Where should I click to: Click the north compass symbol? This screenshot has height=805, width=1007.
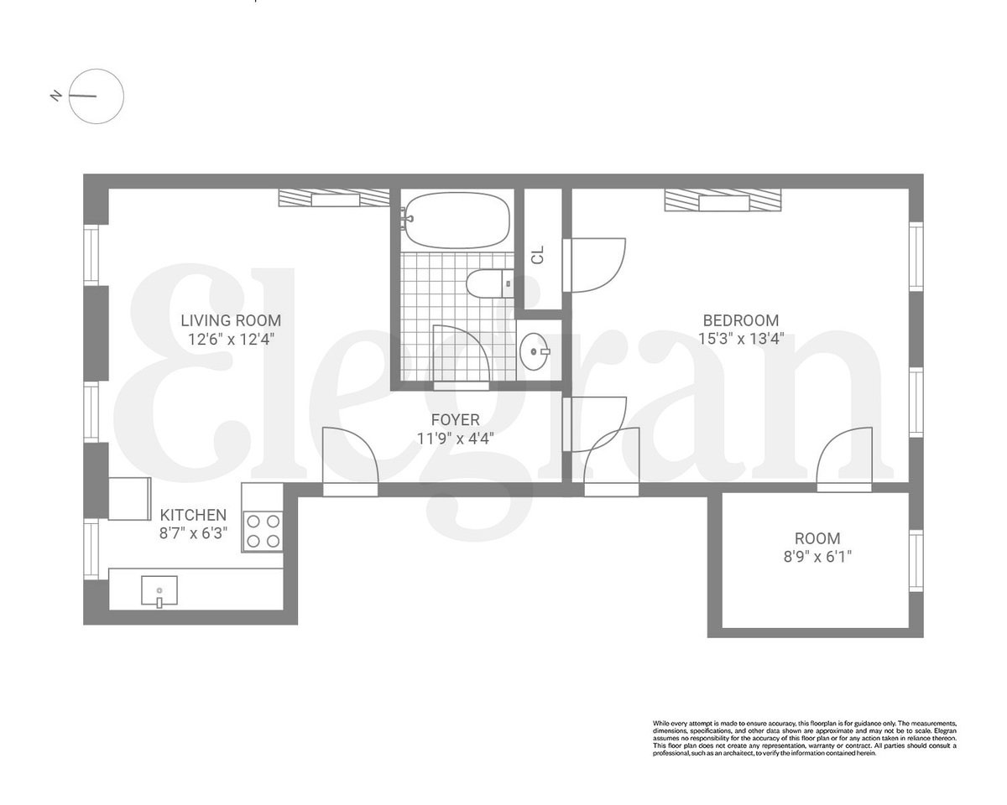[x=96, y=96]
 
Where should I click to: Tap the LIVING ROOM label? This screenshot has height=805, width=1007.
[x=231, y=320]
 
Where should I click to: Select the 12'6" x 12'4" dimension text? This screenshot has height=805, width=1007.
[x=231, y=340]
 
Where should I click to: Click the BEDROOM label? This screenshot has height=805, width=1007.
[x=740, y=320]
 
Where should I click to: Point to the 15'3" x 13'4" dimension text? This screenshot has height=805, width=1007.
[x=740, y=340]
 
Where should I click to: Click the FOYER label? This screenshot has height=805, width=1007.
[x=455, y=419]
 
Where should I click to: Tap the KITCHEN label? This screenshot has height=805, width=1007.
[x=193, y=515]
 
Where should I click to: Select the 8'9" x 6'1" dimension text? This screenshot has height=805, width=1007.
[x=817, y=556]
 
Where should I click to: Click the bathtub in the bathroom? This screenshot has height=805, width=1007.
[x=457, y=220]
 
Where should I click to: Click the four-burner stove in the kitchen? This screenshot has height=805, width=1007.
[x=262, y=530]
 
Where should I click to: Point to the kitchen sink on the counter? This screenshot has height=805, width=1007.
[x=159, y=590]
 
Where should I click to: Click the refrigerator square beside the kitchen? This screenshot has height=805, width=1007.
[x=129, y=498]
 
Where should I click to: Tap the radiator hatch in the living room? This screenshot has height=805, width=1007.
[x=334, y=199]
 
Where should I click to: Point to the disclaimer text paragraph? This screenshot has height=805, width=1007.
[x=804, y=738]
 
